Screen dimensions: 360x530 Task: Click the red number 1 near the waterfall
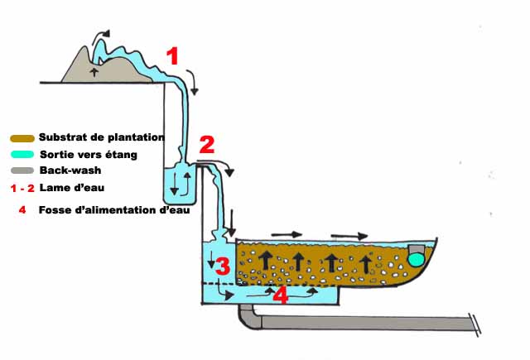click(172, 57)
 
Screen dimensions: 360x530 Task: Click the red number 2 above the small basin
click(206, 146)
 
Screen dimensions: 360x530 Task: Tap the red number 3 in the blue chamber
click(223, 266)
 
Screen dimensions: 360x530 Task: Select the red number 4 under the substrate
click(281, 295)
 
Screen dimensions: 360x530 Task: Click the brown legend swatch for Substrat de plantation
click(23, 138)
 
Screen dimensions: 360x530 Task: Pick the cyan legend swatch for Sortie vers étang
click(23, 155)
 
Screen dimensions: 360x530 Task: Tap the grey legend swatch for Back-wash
click(23, 170)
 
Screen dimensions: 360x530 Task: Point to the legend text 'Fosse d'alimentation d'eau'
click(114, 210)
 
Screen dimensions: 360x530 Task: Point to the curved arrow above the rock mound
click(100, 34)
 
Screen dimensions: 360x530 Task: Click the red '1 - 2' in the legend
click(24, 188)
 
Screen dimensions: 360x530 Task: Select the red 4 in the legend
click(22, 210)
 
